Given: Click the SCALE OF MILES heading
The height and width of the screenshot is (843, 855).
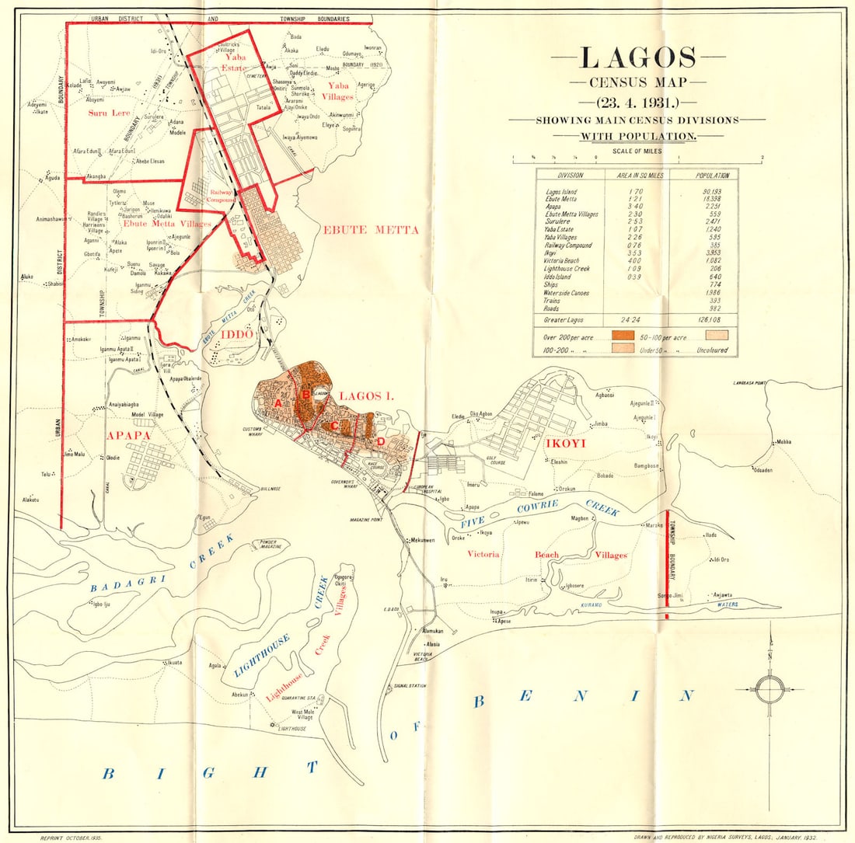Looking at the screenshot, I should click(x=637, y=151).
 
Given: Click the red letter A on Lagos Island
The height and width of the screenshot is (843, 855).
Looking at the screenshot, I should click(x=277, y=403).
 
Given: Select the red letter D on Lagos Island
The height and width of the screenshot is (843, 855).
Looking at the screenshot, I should click(x=381, y=441).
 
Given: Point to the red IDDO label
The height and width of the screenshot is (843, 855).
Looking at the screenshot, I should click(x=238, y=333).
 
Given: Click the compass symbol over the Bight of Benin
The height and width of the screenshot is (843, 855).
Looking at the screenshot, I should click(x=769, y=688).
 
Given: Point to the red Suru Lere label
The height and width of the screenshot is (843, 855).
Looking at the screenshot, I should click(x=108, y=112).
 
